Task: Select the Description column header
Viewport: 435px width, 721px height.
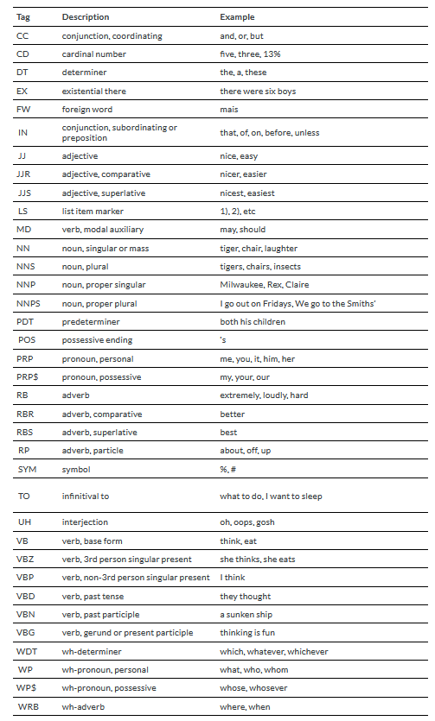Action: [x=86, y=16]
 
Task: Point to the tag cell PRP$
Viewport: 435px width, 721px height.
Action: [x=27, y=377]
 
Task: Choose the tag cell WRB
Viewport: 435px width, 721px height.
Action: [x=26, y=706]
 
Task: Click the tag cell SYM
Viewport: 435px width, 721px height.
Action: [x=26, y=469]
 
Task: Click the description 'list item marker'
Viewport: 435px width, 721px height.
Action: [x=93, y=211]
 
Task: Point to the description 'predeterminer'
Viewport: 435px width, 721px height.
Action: [x=89, y=322]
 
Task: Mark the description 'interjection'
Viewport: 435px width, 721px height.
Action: [x=85, y=522]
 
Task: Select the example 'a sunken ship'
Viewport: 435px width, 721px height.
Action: [x=245, y=614]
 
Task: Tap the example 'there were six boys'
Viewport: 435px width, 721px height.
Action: [x=258, y=91]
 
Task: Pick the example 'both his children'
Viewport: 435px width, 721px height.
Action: [x=252, y=322]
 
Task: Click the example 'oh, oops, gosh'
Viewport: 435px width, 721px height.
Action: [x=247, y=522]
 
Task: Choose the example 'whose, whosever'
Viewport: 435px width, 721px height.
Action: [x=253, y=687]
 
